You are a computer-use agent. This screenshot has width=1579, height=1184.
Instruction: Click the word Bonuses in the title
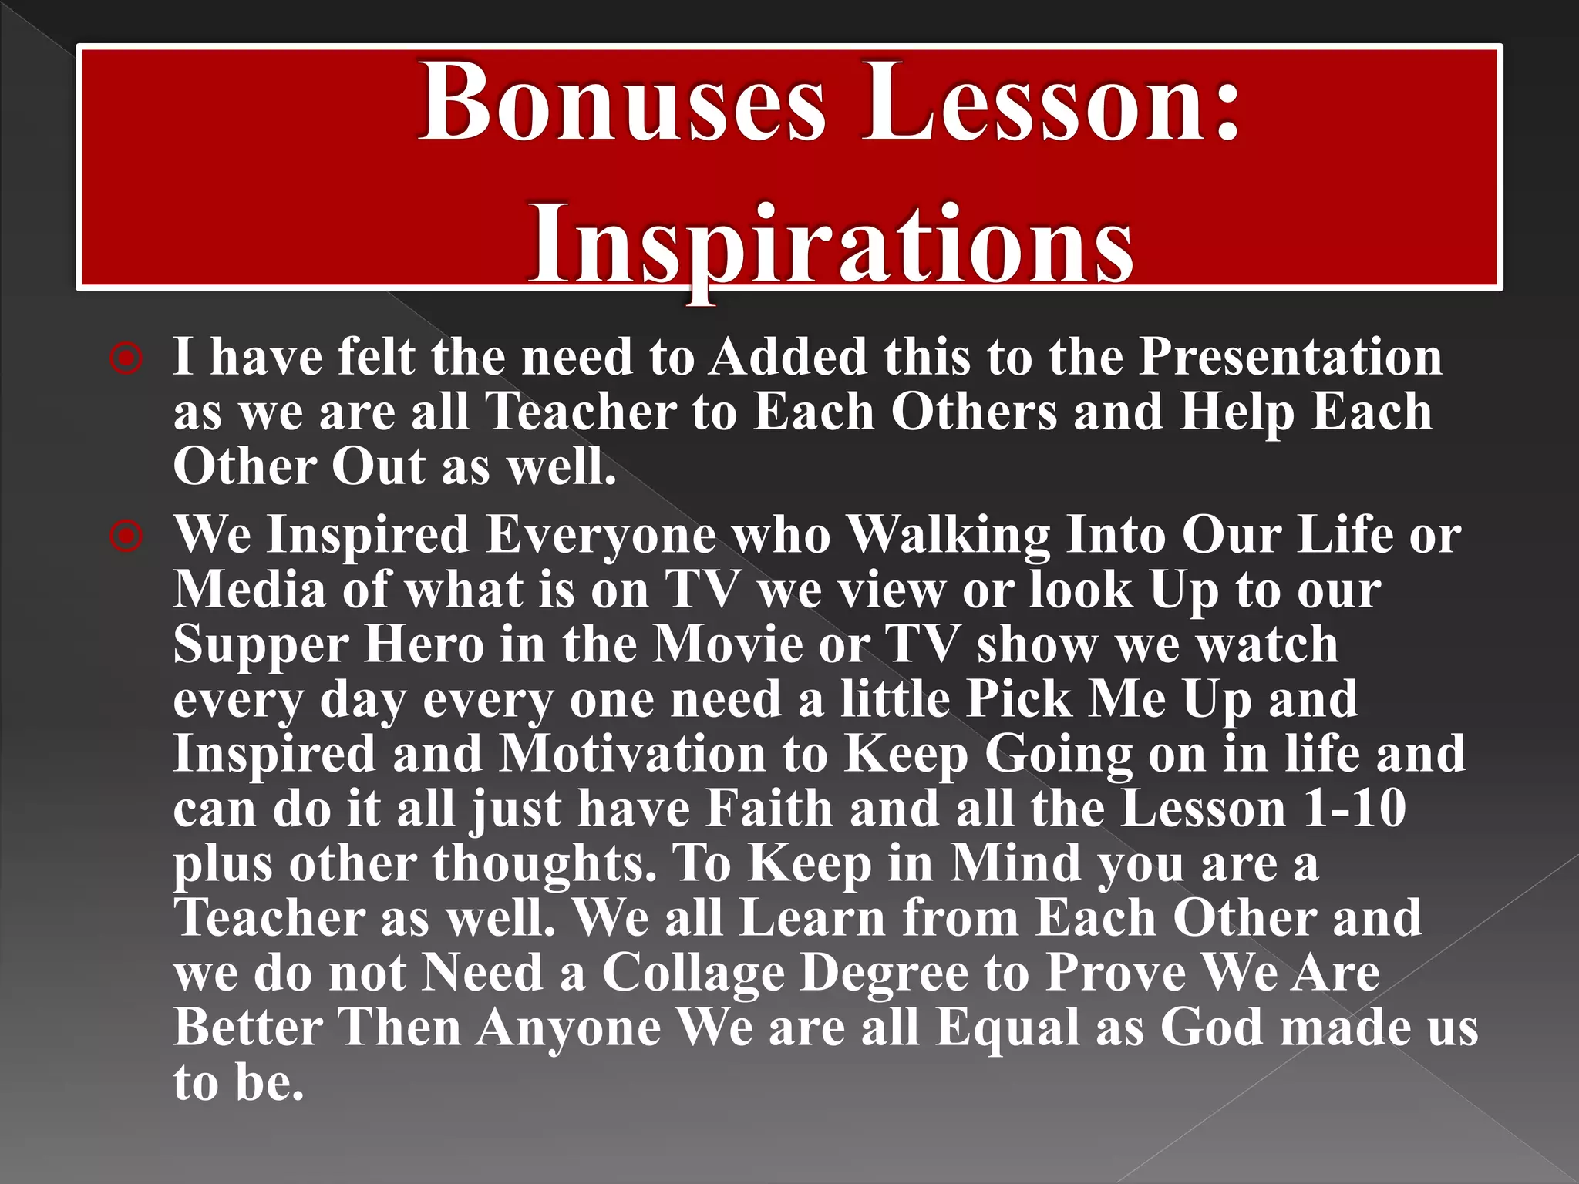(x=621, y=103)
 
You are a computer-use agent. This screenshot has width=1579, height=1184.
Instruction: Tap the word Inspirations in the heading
(x=830, y=243)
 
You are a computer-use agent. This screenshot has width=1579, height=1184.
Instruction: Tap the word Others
(x=975, y=412)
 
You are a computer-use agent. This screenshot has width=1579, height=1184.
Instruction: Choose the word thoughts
(x=544, y=864)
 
